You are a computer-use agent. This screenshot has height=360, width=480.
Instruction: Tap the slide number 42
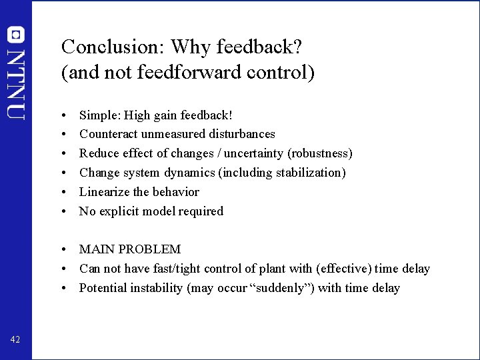pyautogui.click(x=15, y=340)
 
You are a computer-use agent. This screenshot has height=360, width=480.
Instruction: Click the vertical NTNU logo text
pyautogui.click(x=16, y=83)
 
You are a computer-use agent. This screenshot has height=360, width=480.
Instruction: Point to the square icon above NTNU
pyautogui.click(x=16, y=35)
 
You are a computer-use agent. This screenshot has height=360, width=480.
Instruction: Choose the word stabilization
pyautogui.click(x=310, y=173)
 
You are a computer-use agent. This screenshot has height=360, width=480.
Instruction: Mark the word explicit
pyautogui.click(x=121, y=211)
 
